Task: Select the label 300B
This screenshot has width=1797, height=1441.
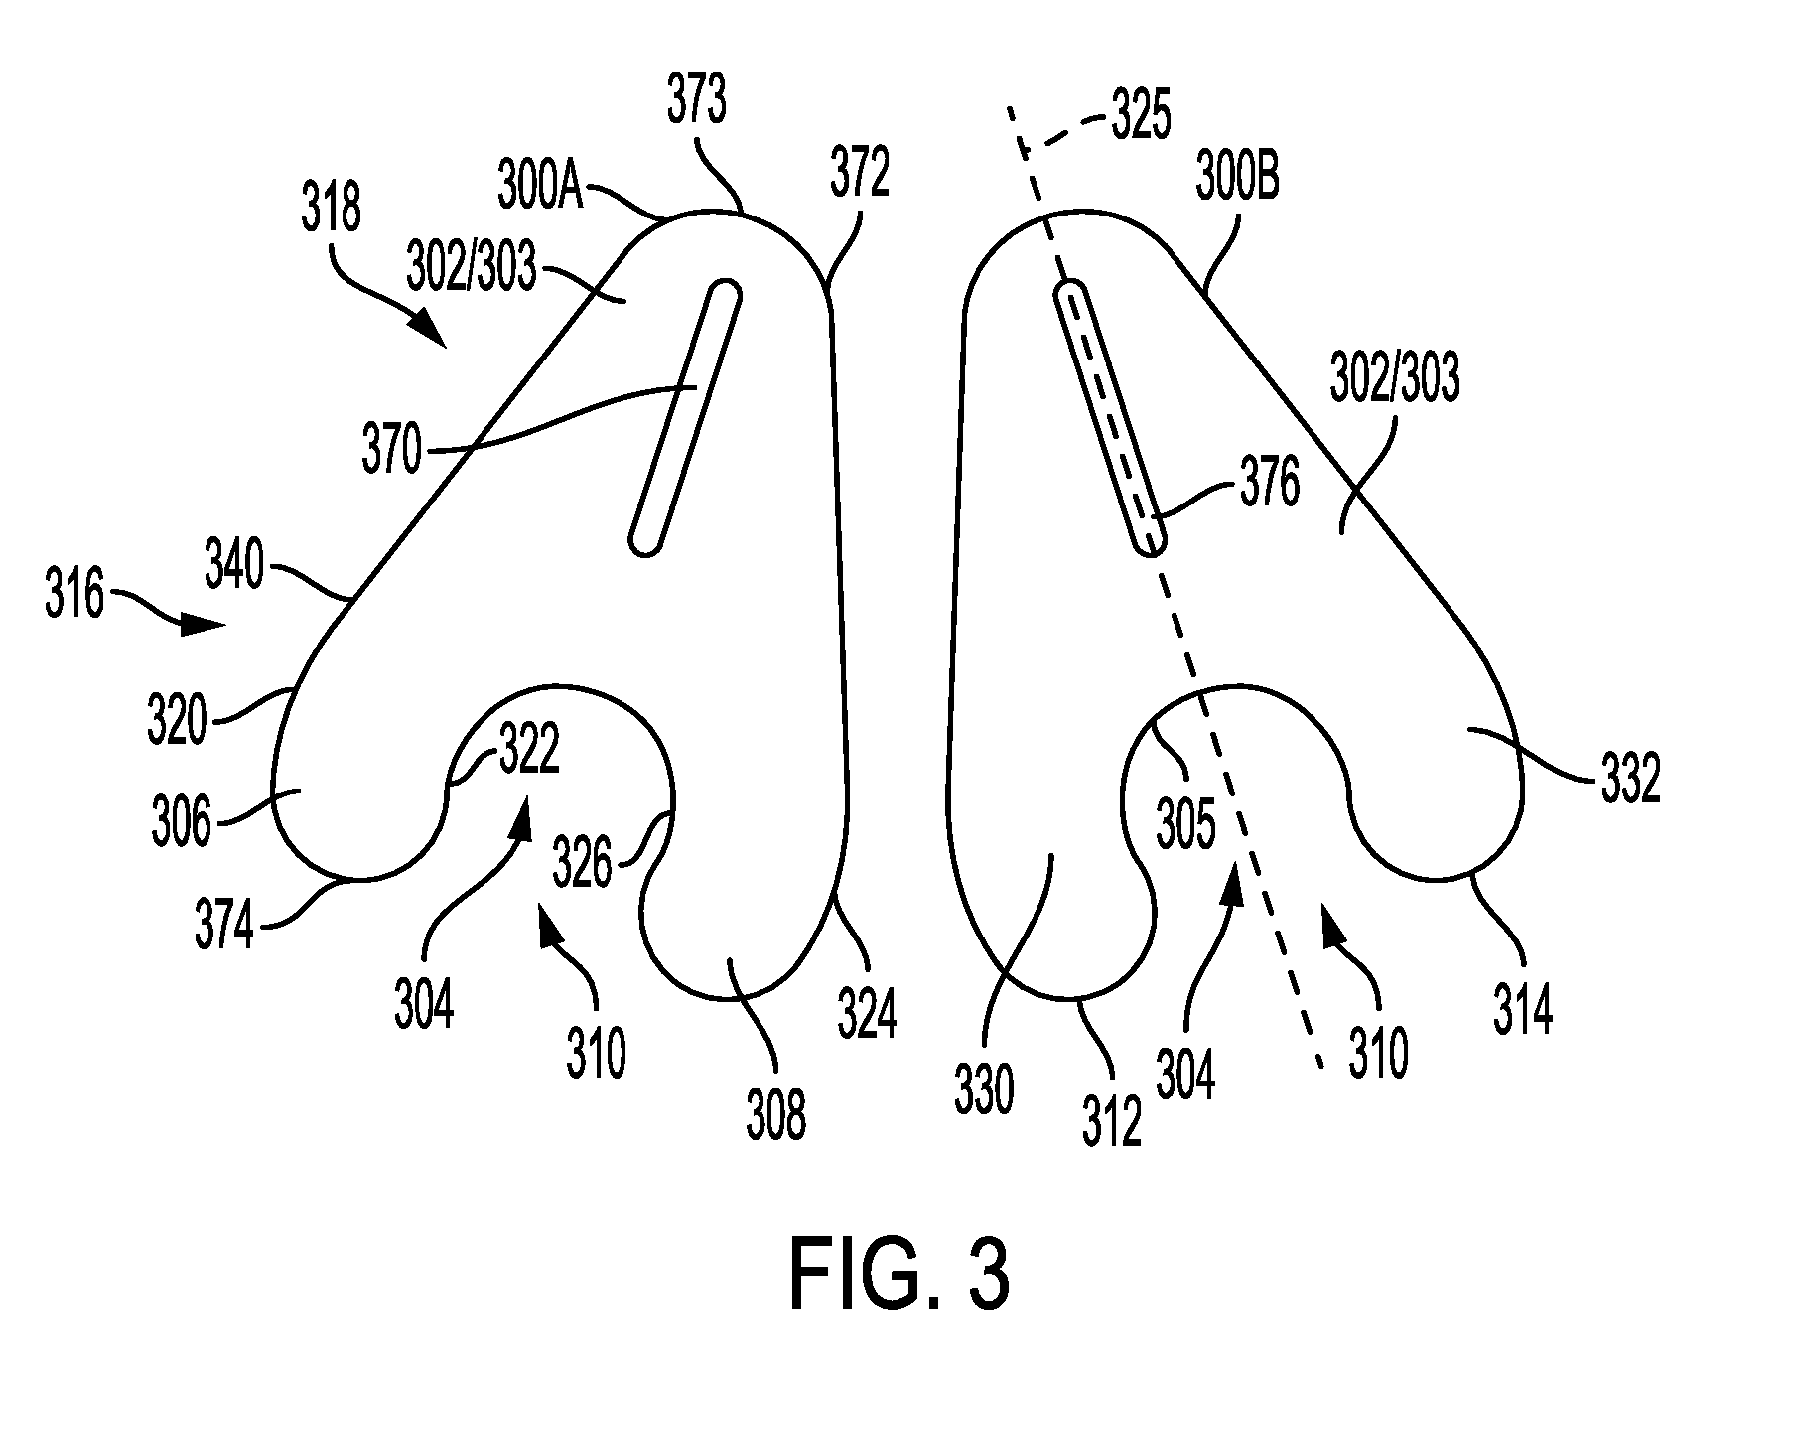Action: [x=1237, y=180]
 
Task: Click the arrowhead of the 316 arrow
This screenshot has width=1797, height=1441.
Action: [x=207, y=625]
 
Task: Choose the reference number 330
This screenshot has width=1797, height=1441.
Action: [x=985, y=1089]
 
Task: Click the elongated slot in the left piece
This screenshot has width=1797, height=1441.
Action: [x=685, y=416]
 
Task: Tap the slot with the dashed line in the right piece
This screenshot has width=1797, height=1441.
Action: [x=1108, y=418]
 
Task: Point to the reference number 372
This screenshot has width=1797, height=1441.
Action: [x=860, y=176]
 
